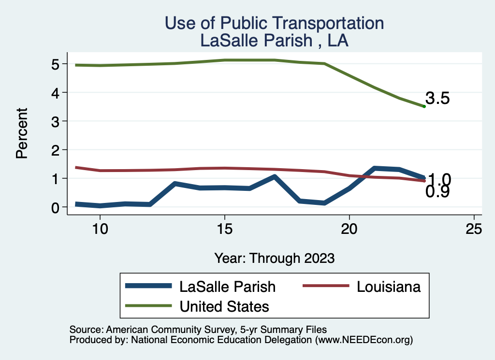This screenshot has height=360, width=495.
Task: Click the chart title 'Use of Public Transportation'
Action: click(274, 23)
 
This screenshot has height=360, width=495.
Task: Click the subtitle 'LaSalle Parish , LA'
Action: click(274, 41)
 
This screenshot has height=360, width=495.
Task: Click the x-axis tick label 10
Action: click(100, 229)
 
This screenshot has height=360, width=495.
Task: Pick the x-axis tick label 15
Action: click(224, 229)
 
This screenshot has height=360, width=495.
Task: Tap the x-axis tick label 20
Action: click(349, 229)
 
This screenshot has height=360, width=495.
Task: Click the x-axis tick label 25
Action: click(474, 229)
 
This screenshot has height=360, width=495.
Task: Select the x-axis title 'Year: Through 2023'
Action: click(274, 258)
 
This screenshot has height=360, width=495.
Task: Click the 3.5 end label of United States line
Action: click(437, 99)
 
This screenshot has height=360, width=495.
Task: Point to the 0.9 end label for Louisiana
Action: click(437, 192)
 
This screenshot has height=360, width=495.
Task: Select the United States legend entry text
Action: click(224, 306)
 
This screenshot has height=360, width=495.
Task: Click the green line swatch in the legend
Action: click(148, 306)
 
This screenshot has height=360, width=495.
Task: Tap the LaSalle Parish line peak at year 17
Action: click(274, 177)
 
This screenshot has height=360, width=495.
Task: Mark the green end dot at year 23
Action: click(424, 106)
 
